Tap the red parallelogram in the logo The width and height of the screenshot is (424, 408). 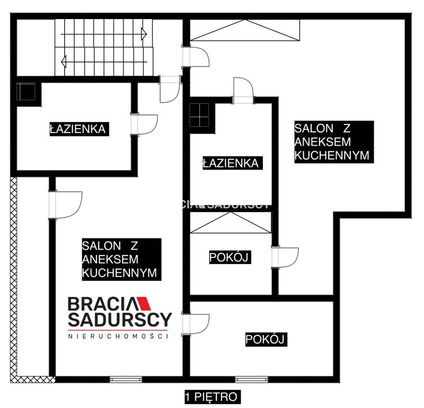tap(144, 304)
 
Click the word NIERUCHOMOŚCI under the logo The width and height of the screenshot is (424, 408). tap(118, 336)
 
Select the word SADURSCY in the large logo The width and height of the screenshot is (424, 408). tap(120, 320)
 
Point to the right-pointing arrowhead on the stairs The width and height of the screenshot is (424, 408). tap(144, 34)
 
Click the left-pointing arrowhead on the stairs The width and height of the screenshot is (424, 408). tap(64, 61)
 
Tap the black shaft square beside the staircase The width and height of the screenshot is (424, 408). tap(26, 91)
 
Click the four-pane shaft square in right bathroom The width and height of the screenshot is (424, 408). tap(199, 115)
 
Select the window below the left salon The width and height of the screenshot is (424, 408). tap(126, 379)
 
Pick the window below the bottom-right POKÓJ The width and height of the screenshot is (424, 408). tap(251, 379)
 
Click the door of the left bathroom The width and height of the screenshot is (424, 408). tap(144, 124)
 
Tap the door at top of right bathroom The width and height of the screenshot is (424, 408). tap(243, 90)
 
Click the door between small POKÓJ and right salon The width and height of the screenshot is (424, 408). tap(285, 258)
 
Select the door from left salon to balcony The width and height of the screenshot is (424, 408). tap(65, 205)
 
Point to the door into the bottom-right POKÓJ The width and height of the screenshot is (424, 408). tap(195, 325)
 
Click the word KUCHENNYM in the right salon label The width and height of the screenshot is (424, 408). tap(332, 155)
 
